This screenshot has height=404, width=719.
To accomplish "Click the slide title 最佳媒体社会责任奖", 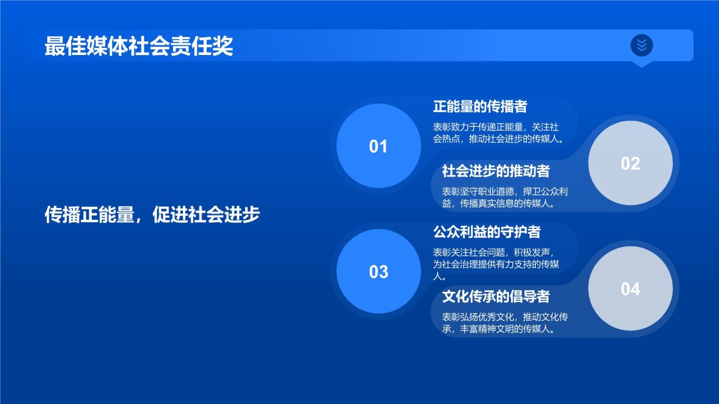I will pyautogui.click(x=139, y=46).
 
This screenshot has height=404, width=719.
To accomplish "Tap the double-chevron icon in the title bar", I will pyautogui.click(x=641, y=45).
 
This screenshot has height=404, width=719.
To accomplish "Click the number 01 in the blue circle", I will pyautogui.click(x=378, y=146).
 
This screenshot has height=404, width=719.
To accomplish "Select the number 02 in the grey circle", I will pyautogui.click(x=630, y=163).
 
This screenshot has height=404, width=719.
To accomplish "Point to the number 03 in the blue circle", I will pyautogui.click(x=378, y=272).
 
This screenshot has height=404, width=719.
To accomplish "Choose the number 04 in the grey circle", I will pyautogui.click(x=630, y=289).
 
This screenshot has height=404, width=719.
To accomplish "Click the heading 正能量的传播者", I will pyautogui.click(x=480, y=106).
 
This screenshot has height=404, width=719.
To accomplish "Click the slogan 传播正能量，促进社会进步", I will pyautogui.click(x=152, y=215).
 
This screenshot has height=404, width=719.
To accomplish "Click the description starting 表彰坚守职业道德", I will pyautogui.click(x=505, y=198).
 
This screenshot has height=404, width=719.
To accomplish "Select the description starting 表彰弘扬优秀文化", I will pyautogui.click(x=505, y=323).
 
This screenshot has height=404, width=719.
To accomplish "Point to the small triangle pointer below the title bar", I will pyautogui.click(x=641, y=64).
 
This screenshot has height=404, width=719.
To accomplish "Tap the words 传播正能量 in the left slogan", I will pyautogui.click(x=89, y=215).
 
